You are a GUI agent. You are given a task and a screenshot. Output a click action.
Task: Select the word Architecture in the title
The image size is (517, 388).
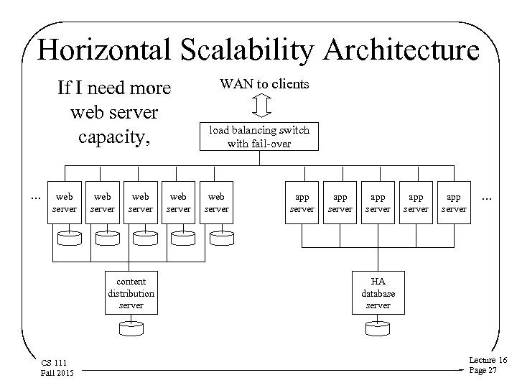[401, 50]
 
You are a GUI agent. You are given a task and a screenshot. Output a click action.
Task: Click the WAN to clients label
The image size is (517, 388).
[264, 84]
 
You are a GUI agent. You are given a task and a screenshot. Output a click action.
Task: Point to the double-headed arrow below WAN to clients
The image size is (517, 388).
[263, 105]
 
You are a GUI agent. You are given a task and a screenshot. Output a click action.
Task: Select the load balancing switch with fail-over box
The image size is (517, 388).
[258, 137]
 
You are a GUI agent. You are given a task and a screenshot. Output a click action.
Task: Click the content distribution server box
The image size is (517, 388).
[131, 293]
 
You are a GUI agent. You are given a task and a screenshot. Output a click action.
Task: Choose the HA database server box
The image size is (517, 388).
[378, 293]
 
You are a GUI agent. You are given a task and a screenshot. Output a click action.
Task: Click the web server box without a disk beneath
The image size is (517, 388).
[216, 203]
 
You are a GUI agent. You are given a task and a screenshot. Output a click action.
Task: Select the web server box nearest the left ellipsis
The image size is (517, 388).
[64, 203]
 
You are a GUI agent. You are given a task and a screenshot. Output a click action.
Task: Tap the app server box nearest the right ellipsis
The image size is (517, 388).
[455, 203]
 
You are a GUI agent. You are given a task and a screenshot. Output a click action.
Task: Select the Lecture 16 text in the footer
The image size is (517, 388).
[488, 359]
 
